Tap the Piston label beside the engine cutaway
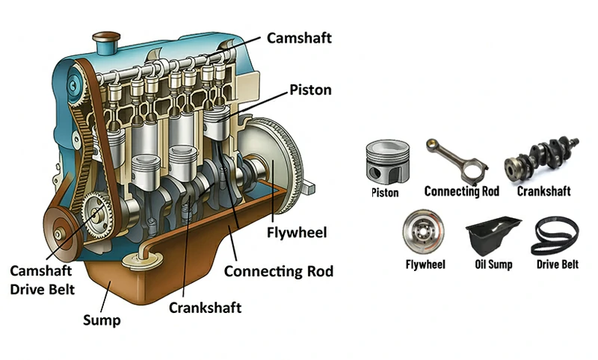coord(310,91)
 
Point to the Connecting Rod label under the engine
coord(279,270)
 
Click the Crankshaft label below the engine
coord(205,307)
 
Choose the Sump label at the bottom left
coord(101,321)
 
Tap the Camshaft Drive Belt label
coord(42,279)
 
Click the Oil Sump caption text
coord(493,264)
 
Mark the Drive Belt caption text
coord(558,264)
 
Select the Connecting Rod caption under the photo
coord(461,191)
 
